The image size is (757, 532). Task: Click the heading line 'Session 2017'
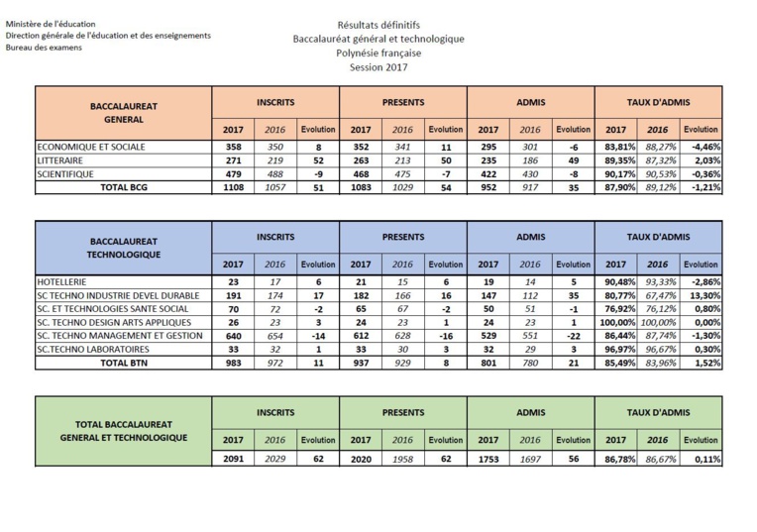(378, 67)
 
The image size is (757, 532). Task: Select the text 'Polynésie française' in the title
(378, 53)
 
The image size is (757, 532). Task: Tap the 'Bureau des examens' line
(44, 49)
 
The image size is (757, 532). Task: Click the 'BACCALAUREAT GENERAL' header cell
(124, 112)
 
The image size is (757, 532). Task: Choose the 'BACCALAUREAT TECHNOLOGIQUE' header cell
(124, 248)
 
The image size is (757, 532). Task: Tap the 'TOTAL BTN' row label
(124, 362)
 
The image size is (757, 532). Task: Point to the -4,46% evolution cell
(702, 146)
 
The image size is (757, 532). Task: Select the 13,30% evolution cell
(702, 295)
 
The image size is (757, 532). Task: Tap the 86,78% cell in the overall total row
(614, 459)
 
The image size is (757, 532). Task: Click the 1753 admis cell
(487, 459)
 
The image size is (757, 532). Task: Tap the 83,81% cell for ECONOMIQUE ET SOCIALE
(614, 146)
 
